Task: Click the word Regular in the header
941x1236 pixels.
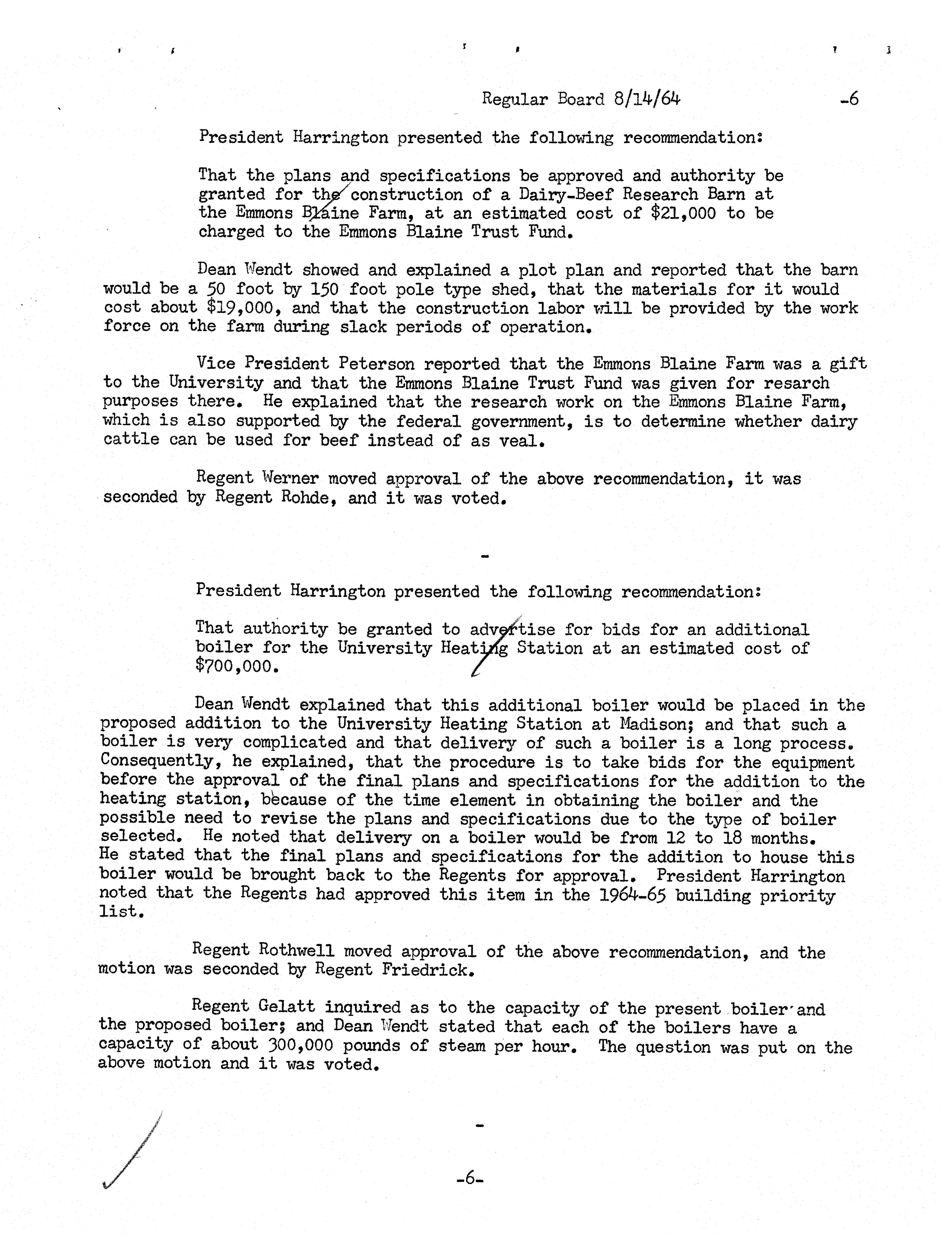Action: click(515, 100)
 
